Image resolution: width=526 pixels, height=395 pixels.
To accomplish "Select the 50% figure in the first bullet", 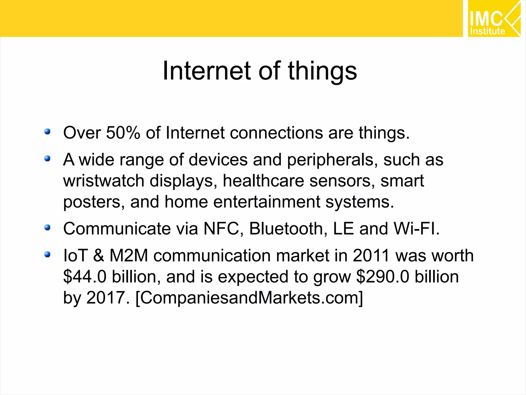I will point(123,133).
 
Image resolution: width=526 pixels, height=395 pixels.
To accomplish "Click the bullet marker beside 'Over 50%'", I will point(47,132).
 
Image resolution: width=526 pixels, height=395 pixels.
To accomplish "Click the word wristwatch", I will point(104,181).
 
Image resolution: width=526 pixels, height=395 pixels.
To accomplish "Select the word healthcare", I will point(263,181).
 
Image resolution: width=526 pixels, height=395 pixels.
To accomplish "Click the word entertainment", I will point(267,202).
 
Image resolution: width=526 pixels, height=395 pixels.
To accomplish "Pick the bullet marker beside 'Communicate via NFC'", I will point(47,228).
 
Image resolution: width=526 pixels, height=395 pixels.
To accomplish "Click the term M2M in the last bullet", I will point(129,256).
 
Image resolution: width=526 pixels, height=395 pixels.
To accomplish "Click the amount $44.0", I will point(85,277).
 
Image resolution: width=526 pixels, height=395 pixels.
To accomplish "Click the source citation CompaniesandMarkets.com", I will point(249,298).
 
